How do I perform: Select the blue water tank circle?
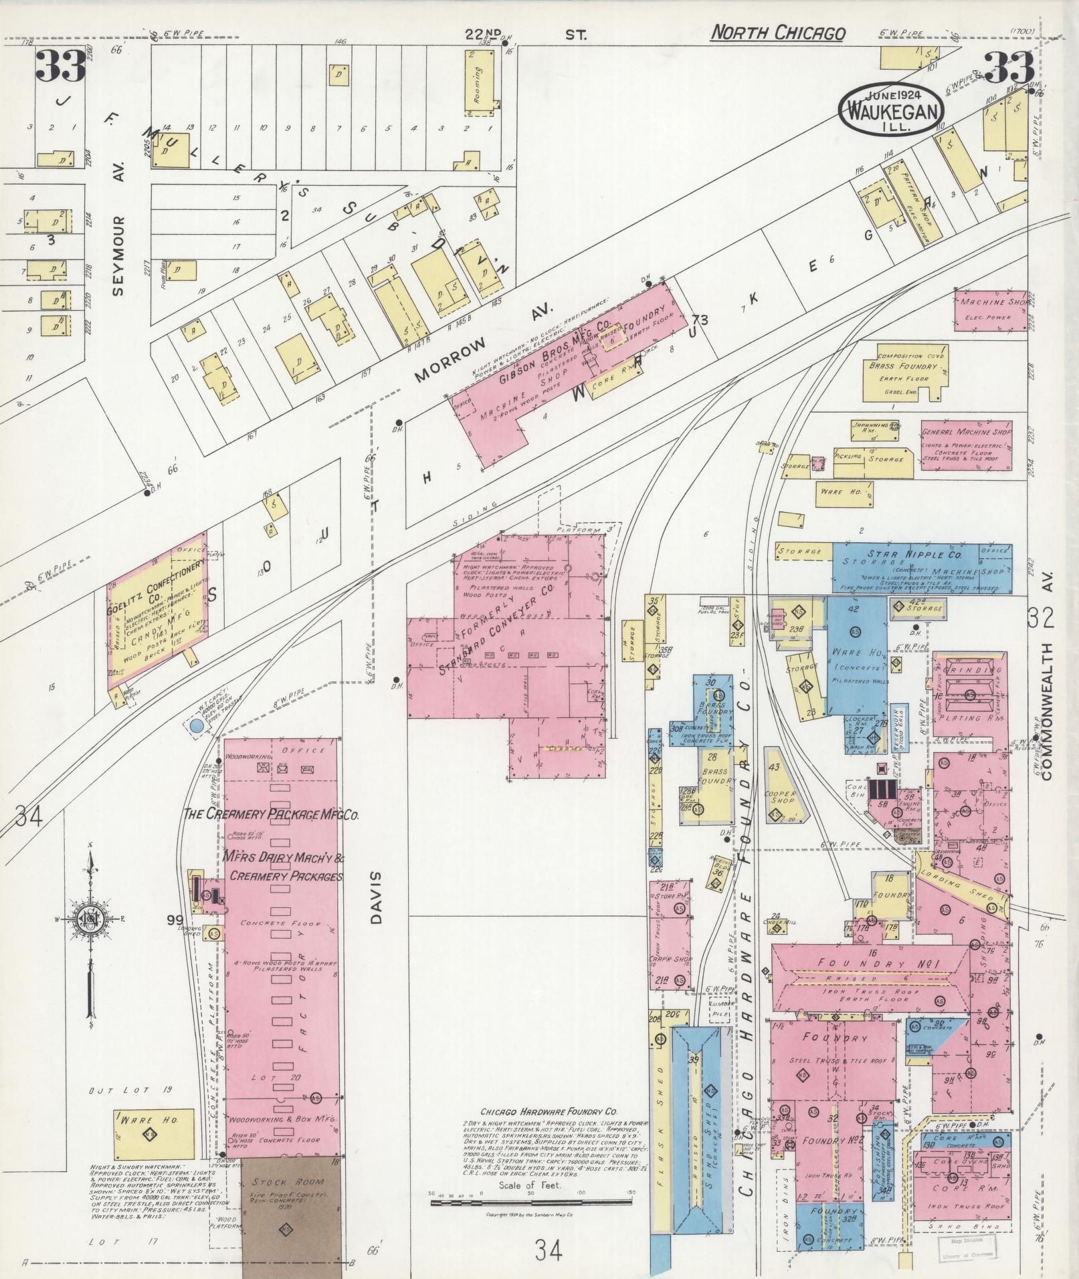[x=197, y=725]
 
